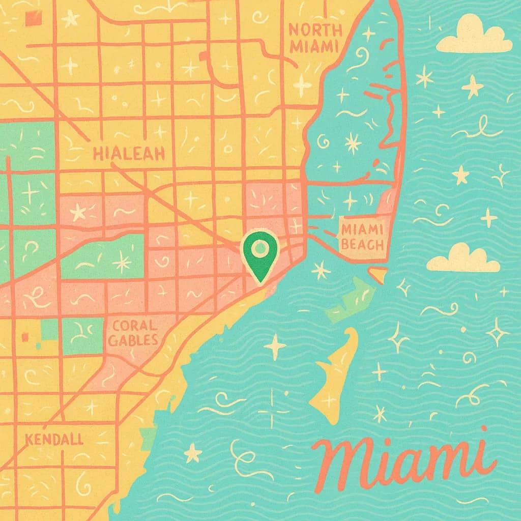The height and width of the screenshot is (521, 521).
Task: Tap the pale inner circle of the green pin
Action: click(260, 248)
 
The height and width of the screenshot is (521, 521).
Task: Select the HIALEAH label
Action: click(129, 153)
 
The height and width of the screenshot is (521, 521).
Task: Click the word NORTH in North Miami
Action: click(313, 30)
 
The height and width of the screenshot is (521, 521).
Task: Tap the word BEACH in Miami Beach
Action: click(362, 245)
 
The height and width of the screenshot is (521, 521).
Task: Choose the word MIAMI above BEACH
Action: click(363, 230)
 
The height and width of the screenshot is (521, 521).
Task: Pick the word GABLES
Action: click(133, 340)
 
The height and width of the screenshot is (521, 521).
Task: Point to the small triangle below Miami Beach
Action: click(378, 275)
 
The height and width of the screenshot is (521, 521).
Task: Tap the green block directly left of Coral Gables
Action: click(81, 336)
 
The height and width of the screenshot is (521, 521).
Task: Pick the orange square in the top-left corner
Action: click(34, 18)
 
